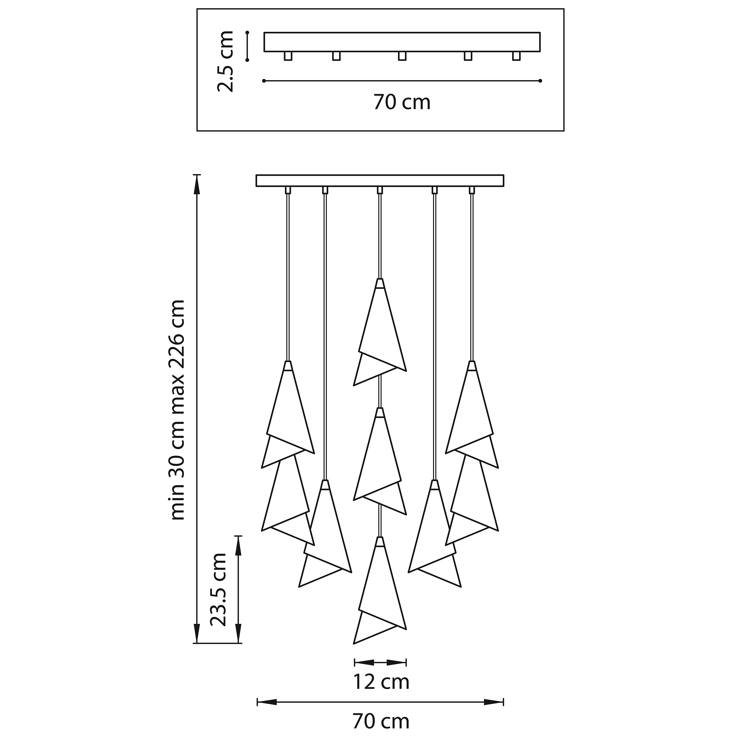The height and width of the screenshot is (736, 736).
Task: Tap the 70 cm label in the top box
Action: coord(402,102)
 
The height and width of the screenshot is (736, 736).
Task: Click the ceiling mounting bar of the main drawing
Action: coord(380,180)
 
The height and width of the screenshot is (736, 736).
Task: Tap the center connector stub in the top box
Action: coord(402,56)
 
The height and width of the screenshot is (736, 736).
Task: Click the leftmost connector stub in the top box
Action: coord(288,56)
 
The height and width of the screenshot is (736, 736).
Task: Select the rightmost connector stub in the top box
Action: coord(516,56)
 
